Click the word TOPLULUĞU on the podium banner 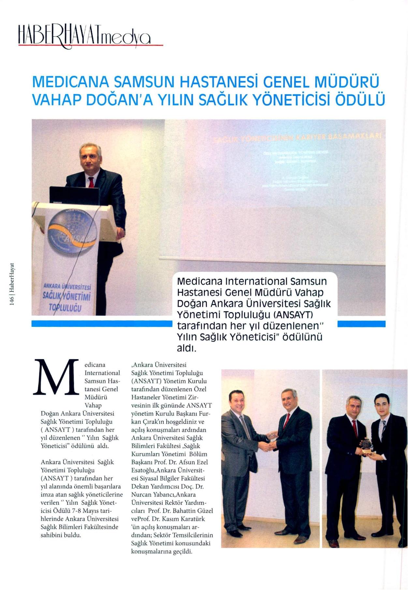(65, 307)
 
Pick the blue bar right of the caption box (361, 324)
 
